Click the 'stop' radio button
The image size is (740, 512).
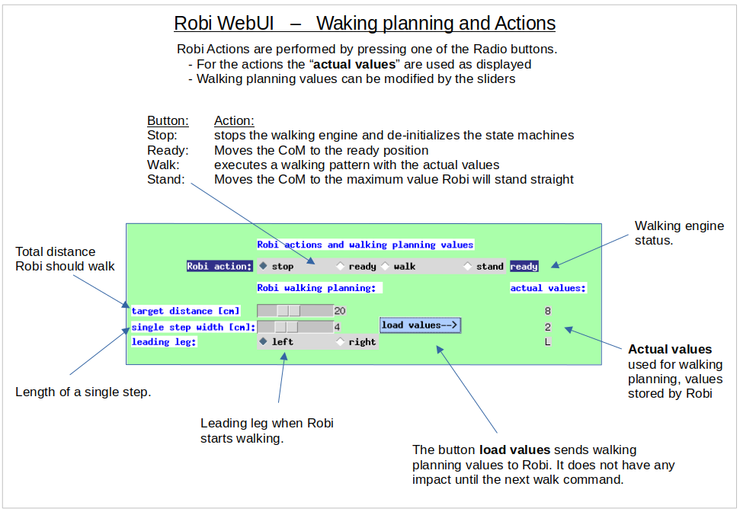tap(264, 267)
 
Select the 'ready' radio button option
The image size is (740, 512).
tap(341, 267)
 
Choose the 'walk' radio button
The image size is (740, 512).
tap(386, 267)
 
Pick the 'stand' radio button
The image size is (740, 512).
tap(468, 267)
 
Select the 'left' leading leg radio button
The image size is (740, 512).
tap(264, 342)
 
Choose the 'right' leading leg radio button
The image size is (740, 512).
tap(341, 342)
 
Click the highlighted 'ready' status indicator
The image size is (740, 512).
tap(524, 267)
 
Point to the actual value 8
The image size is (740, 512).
tap(547, 311)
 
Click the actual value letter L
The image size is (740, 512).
tap(547, 342)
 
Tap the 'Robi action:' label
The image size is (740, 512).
tap(219, 267)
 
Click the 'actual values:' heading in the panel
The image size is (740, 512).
tap(548, 288)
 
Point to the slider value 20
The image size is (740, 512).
tap(340, 311)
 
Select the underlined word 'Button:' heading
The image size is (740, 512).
tap(168, 121)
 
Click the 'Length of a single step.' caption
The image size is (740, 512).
tap(83, 392)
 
